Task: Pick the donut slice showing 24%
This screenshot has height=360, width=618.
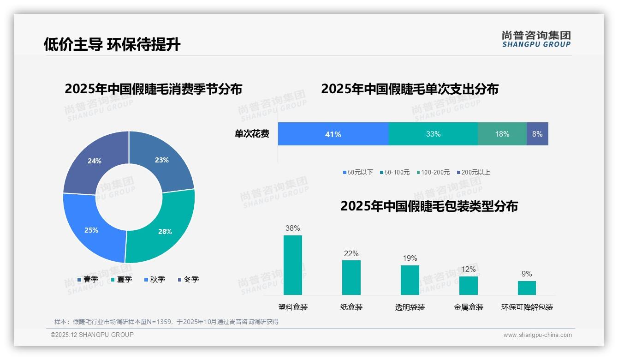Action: [95, 162]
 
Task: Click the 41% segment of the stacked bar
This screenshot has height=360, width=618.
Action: [333, 134]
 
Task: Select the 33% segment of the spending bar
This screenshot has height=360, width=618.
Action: [433, 134]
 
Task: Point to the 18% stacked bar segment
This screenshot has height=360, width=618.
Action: [502, 134]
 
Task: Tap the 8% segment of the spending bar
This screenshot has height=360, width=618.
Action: [537, 134]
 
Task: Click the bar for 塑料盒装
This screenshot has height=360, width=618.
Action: [293, 265]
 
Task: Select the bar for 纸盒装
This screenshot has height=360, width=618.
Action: [351, 277]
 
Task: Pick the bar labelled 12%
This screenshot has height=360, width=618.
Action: [468, 285]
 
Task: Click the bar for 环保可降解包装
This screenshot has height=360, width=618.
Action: [527, 288]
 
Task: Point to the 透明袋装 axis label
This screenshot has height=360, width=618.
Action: [410, 307]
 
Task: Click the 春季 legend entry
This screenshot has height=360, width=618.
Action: [88, 279]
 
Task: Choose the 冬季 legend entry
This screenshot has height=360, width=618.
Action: [188, 279]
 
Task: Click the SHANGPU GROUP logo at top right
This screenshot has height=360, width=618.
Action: [536, 39]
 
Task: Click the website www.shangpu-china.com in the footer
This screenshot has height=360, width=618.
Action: [537, 335]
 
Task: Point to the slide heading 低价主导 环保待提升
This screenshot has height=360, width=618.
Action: [112, 44]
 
